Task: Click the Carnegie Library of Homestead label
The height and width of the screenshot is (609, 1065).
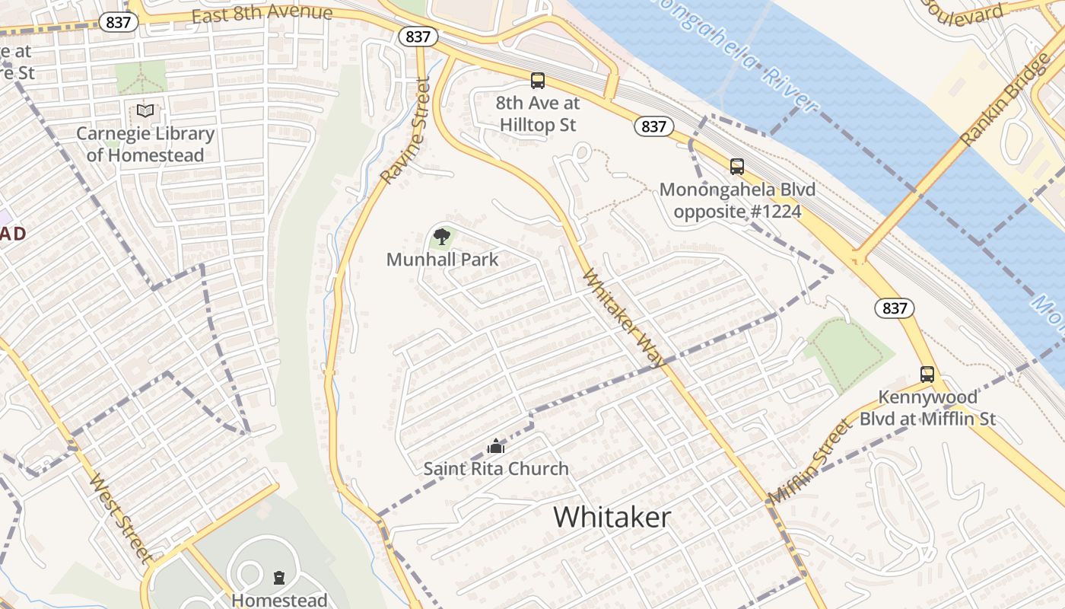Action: click(145, 145)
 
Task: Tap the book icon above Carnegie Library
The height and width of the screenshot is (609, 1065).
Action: click(145, 111)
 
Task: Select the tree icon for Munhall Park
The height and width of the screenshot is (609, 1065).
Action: click(441, 236)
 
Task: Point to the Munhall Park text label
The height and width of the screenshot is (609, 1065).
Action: click(442, 260)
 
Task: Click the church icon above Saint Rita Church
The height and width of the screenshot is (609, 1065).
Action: click(496, 446)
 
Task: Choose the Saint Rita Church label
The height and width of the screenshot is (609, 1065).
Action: click(496, 469)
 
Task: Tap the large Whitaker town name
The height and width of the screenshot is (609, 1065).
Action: click(612, 518)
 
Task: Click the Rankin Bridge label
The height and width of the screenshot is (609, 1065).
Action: click(1005, 99)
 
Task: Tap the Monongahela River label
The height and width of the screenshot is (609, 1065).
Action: click(730, 53)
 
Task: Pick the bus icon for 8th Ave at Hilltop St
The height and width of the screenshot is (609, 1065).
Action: click(538, 81)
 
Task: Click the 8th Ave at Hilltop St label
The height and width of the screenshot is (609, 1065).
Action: click(537, 114)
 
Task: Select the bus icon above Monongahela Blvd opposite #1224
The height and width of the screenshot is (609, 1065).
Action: click(736, 167)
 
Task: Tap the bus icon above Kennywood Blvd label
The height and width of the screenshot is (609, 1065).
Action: click(927, 375)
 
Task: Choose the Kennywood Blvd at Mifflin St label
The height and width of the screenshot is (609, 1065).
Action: click(927, 408)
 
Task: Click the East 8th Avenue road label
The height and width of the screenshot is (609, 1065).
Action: click(262, 14)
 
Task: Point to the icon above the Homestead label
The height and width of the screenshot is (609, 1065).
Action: click(279, 578)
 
